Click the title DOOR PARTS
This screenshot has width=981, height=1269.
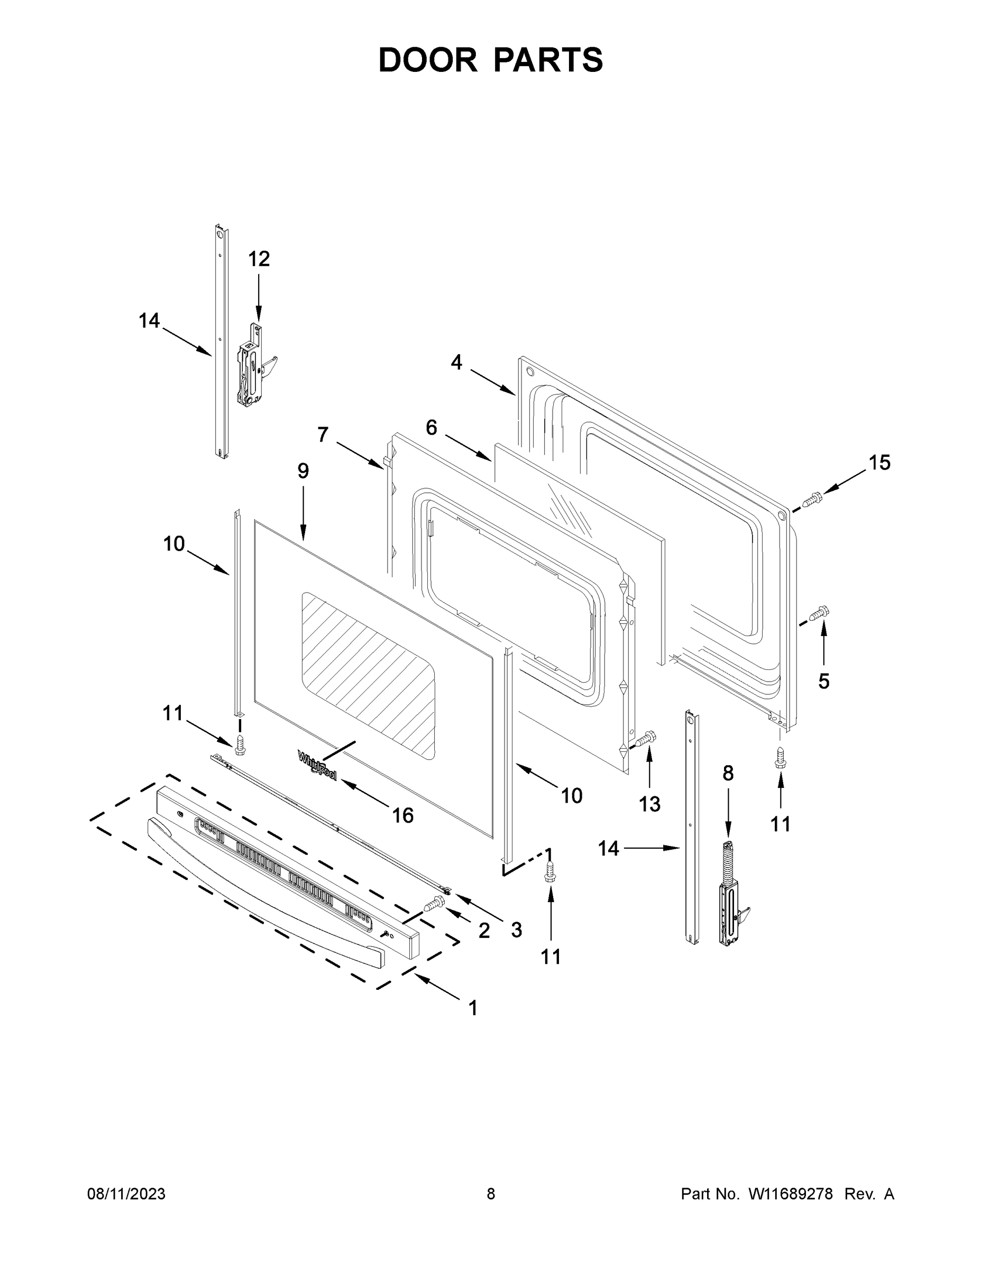pyautogui.click(x=491, y=60)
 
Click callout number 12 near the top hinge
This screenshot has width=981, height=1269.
pyautogui.click(x=259, y=259)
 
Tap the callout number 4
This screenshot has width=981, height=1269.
pyautogui.click(x=456, y=362)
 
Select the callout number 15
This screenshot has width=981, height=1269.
pyautogui.click(x=879, y=463)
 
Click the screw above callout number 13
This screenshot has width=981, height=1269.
pyautogui.click(x=646, y=739)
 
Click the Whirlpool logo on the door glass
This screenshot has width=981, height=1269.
pyautogui.click(x=317, y=765)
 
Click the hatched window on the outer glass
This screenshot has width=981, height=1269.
pyautogui.click(x=368, y=675)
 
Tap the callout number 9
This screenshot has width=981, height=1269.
pyautogui.click(x=303, y=471)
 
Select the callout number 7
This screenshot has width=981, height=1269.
pyautogui.click(x=323, y=434)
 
